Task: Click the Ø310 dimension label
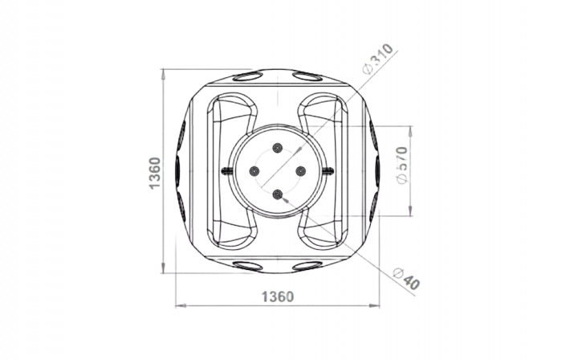(x=378, y=59)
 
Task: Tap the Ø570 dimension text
(x=402, y=165)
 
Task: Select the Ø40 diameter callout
(x=406, y=279)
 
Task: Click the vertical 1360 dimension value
(x=154, y=173)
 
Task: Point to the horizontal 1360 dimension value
(x=278, y=297)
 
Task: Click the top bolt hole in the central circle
(x=278, y=147)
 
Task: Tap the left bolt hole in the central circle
(x=255, y=171)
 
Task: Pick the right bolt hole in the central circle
(x=300, y=171)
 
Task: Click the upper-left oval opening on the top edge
(x=247, y=76)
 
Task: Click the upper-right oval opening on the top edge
(x=307, y=76)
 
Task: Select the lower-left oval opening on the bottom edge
(x=247, y=266)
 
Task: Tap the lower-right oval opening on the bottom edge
(x=307, y=266)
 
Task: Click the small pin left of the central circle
(x=226, y=171)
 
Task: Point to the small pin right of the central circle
(x=328, y=171)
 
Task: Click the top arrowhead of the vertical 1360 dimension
(x=163, y=74)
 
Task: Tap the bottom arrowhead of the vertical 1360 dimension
(x=163, y=268)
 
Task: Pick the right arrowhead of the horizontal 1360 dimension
(x=375, y=305)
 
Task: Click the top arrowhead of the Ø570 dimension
(x=410, y=131)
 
